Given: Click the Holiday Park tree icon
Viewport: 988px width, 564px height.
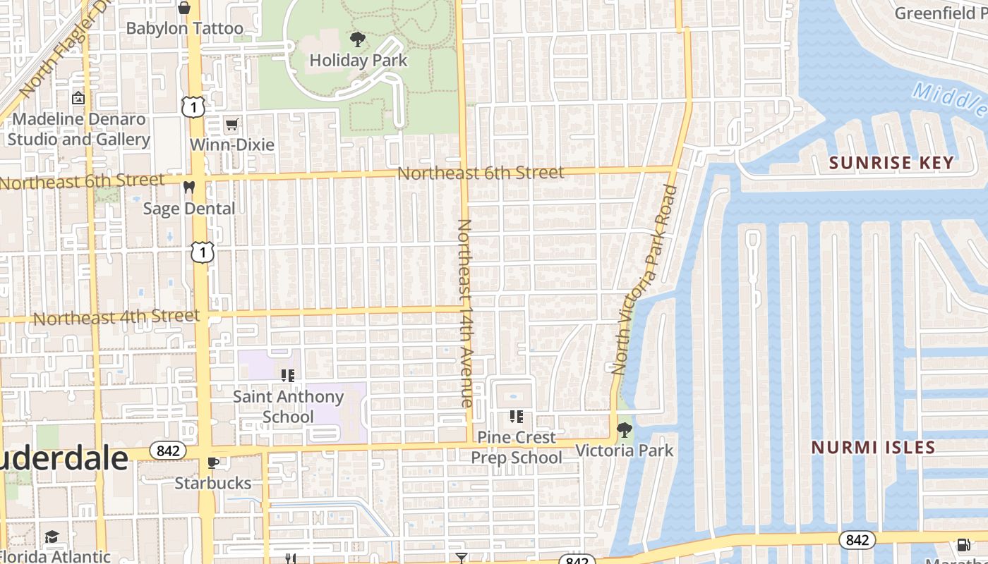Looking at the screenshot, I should coord(358,39).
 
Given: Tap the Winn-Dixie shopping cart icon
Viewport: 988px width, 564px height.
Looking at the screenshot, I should coord(231,125).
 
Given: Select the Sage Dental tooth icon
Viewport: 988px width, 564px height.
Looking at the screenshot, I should coord(188,188).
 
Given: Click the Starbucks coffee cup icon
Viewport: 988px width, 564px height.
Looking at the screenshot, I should coord(213,462).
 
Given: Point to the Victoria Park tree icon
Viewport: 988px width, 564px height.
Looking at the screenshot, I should coord(624,429).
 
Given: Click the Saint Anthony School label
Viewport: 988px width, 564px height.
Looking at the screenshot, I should coord(288,407).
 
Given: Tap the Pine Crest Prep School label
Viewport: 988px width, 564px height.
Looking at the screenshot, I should coord(517,447).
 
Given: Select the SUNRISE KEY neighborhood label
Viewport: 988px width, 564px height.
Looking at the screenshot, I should coord(891,163).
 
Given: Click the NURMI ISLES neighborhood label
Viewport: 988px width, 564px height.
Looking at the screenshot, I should coord(873,447).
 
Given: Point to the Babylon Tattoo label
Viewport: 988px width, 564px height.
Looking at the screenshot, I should coord(184,29).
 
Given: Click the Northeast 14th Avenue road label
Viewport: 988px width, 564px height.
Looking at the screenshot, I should coord(465,313).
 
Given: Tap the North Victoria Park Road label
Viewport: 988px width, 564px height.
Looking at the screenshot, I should coord(644,279).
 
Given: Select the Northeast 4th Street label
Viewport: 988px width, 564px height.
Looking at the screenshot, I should coord(116,317).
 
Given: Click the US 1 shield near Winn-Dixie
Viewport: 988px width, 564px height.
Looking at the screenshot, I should coord(193,107).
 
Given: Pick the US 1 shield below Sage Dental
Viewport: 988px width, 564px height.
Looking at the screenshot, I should coord(203,252).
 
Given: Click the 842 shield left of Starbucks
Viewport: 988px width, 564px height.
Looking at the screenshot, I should coord(168,450).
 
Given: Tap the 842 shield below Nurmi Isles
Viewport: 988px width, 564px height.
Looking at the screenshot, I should coord(857,540).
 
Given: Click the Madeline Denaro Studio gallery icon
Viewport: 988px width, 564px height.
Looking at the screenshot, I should coord(78,98).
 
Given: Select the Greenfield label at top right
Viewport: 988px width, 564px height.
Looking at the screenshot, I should coord(941,13).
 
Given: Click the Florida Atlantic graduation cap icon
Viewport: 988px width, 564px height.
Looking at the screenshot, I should coord(52,537).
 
